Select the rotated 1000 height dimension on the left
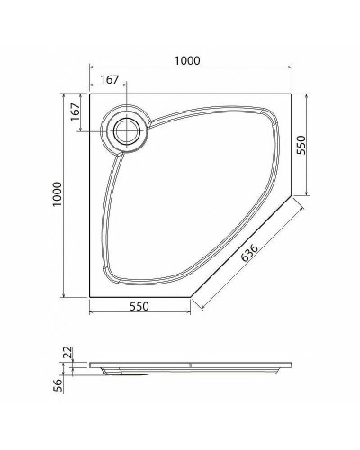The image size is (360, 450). pyautogui.click(x=57, y=193)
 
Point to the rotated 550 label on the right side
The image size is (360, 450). pyautogui.click(x=302, y=145)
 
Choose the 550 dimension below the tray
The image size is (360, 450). pyautogui.click(x=138, y=306)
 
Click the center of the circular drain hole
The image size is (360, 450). pyautogui.click(x=126, y=130)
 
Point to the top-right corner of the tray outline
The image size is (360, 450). pyautogui.click(x=289, y=91)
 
